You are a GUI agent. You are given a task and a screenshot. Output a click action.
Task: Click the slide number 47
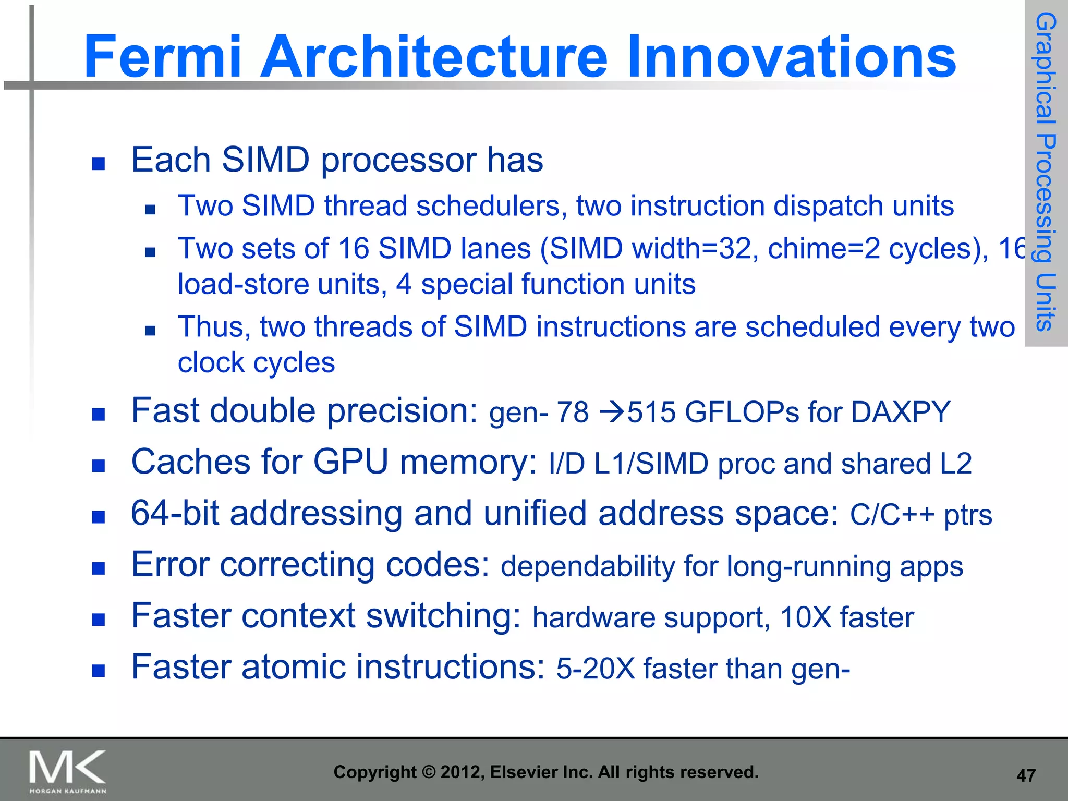click(x=1026, y=775)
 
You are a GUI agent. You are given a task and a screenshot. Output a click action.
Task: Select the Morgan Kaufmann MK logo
click(x=68, y=771)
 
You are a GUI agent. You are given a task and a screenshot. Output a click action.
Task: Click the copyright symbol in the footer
click(x=428, y=772)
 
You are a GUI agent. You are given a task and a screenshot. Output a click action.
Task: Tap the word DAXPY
click(x=901, y=412)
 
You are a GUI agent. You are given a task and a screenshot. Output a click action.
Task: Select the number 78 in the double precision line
click(x=572, y=412)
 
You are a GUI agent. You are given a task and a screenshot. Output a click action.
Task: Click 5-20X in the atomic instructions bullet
click(x=595, y=669)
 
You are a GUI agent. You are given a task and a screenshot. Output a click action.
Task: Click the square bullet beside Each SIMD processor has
click(x=99, y=164)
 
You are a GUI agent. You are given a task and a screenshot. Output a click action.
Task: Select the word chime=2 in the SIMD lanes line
click(x=823, y=248)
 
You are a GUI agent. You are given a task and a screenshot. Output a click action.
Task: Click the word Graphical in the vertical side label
click(x=1046, y=68)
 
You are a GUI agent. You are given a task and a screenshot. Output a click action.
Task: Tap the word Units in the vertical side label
click(x=1046, y=302)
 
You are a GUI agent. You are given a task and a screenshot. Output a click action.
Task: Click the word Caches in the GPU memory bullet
click(x=191, y=462)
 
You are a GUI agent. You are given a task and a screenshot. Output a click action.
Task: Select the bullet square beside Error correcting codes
click(x=99, y=568)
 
